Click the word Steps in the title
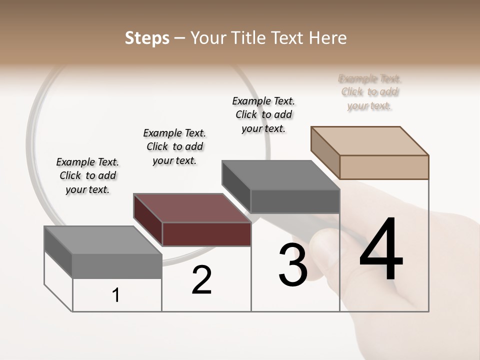click(147, 38)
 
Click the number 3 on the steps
click(292, 265)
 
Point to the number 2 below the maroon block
click(201, 280)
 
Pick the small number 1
click(116, 295)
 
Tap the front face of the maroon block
click(206, 234)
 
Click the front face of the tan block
click(384, 167)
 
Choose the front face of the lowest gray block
click(117, 266)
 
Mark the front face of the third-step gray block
click(295, 201)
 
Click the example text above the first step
click(87, 175)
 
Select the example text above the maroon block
click(174, 146)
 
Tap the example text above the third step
click(263, 114)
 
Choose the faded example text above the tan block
click(369, 92)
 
